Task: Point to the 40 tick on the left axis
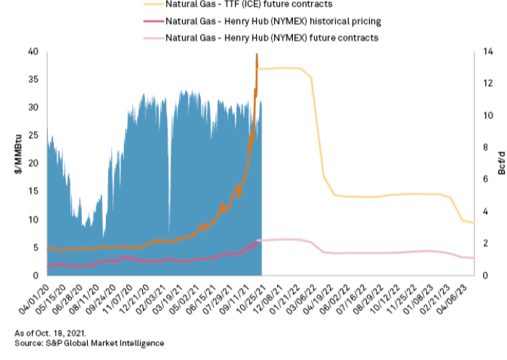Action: pos(33,52)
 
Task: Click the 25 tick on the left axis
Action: pos(33,136)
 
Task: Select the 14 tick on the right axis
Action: pos(490,52)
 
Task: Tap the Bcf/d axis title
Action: pos(500,163)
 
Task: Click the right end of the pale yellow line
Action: pos(474,223)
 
